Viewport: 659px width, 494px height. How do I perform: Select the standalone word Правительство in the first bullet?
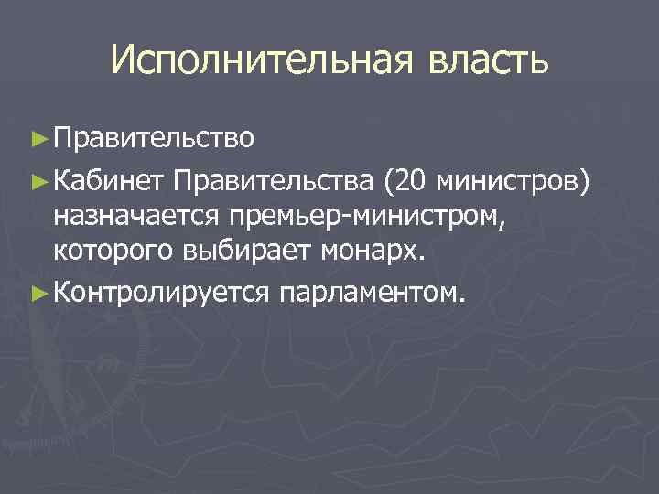[x=153, y=138]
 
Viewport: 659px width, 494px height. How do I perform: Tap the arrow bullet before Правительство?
[x=38, y=138]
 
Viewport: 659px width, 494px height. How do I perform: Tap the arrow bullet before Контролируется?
[x=38, y=292]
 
